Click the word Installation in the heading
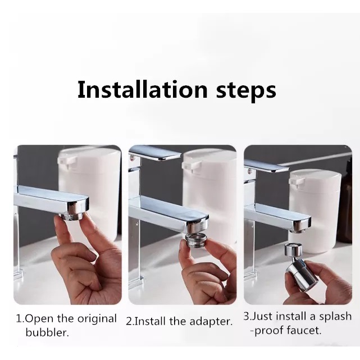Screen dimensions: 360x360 click(142, 89)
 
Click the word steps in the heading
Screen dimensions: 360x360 click(246, 92)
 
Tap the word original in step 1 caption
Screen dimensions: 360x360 click(97, 319)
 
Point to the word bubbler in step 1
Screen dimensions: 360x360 click(47, 332)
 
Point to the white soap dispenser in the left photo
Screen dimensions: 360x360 click(89, 188)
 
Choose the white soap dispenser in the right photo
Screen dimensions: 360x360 click(315, 211)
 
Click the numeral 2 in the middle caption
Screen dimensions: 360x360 click(129, 321)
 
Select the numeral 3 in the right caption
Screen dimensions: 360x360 click(247, 316)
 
